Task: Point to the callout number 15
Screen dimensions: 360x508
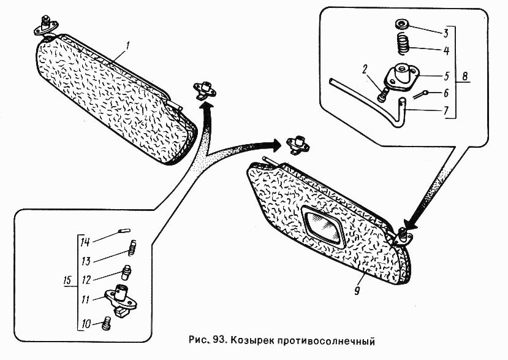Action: [x=67, y=280]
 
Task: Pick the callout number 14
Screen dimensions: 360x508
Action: [x=85, y=242]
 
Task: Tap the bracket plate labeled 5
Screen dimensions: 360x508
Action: [x=402, y=76]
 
